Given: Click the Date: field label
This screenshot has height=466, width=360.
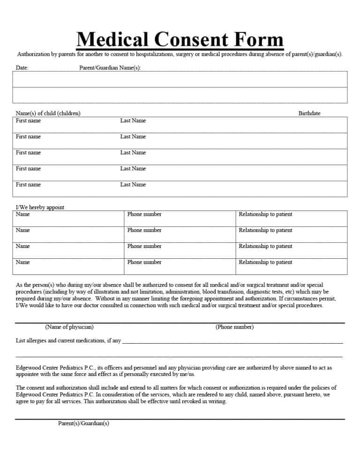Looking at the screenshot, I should pyautogui.click(x=22, y=68).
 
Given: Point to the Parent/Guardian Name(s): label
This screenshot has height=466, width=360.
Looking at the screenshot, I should pyautogui.click(x=110, y=68).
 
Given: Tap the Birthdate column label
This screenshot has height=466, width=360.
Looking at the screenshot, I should pyautogui.click(x=309, y=113).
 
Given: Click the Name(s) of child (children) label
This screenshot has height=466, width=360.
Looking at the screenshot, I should pyautogui.click(x=48, y=113).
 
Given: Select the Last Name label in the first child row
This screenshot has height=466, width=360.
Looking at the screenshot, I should pyautogui.click(x=133, y=121).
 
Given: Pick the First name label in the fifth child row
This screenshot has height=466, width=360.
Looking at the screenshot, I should pyautogui.click(x=28, y=185).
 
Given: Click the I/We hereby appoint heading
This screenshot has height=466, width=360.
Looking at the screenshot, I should pyautogui.click(x=40, y=207).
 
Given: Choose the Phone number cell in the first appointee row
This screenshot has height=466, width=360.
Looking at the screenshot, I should pyautogui.click(x=144, y=214).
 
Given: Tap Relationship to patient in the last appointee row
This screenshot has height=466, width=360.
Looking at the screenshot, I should pyautogui.click(x=265, y=262).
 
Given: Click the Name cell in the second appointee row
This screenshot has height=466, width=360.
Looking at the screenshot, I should pyautogui.click(x=22, y=230).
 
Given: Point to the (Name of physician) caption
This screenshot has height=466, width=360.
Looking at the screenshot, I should pyautogui.click(x=69, y=327).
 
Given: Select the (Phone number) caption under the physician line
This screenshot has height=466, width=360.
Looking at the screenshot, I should pyautogui.click(x=234, y=327).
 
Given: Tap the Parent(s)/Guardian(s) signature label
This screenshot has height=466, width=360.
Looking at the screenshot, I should pyautogui.click(x=83, y=423).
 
